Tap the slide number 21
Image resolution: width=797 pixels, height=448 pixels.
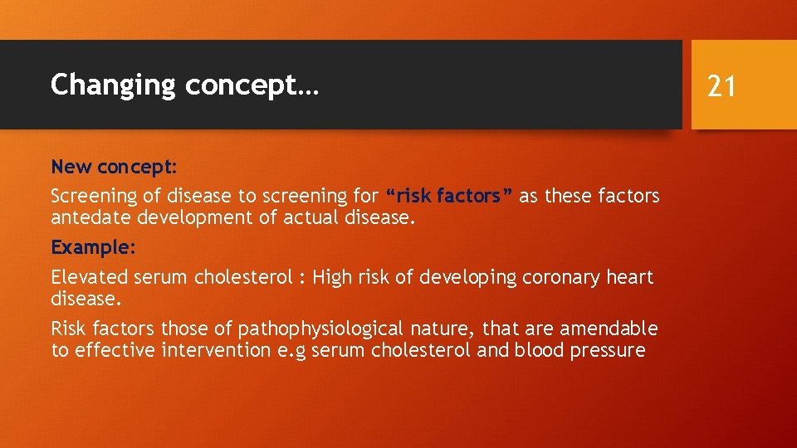[x=721, y=85]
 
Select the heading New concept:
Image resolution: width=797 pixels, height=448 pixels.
[x=115, y=167]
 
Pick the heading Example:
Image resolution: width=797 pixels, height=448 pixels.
[x=93, y=247]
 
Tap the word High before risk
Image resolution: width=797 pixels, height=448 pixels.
[x=333, y=277]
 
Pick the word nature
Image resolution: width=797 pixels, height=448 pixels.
[x=443, y=329]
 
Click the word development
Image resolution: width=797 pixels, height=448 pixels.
[x=200, y=218]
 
